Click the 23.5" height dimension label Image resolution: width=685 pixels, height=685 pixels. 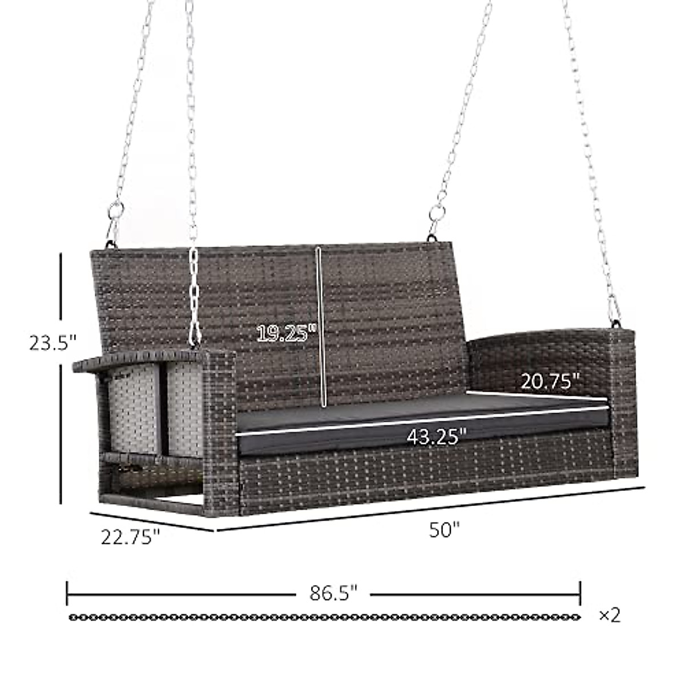tap(52, 343)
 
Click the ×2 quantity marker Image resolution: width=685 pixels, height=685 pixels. tap(609, 615)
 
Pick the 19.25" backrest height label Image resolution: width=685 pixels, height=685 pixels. tap(286, 333)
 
